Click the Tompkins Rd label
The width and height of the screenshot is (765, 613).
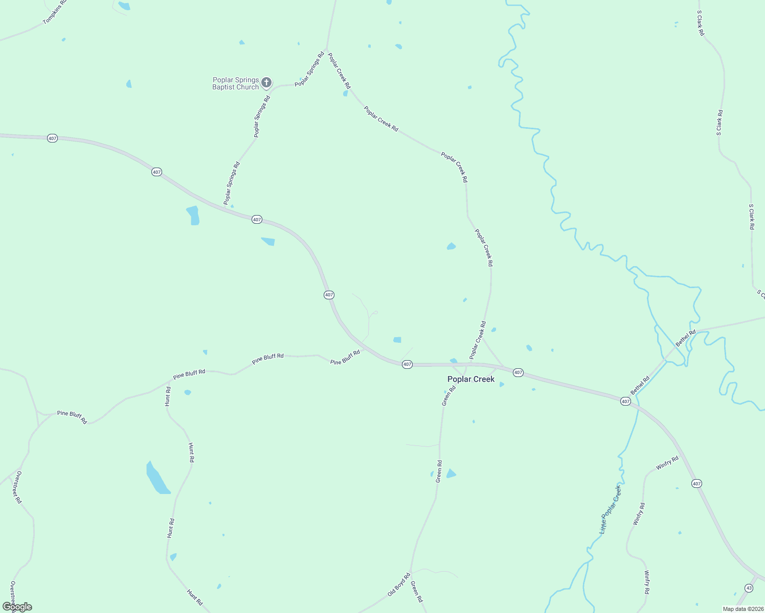pyautogui.click(x=55, y=12)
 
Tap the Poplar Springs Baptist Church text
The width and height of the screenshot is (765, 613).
pyautogui.click(x=236, y=83)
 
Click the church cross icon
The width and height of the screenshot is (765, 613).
pyautogui.click(x=266, y=82)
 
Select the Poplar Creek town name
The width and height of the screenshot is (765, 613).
pyautogui.click(x=471, y=379)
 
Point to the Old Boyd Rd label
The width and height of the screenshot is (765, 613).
pyautogui.click(x=399, y=584)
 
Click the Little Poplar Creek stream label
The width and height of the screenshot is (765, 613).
pyautogui.click(x=611, y=510)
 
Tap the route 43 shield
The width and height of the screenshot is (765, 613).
pyautogui.click(x=749, y=588)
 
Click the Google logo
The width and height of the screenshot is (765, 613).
pyautogui.click(x=17, y=607)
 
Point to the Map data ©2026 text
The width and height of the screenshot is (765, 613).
pyautogui.click(x=742, y=609)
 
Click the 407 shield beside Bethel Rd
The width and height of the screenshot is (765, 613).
pyautogui.click(x=625, y=402)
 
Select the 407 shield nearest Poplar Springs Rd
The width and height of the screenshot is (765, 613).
pyautogui.click(x=257, y=220)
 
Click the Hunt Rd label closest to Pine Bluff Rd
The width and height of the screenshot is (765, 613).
pyautogui.click(x=168, y=396)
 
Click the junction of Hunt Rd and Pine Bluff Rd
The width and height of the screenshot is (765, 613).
pyautogui.click(x=169, y=381)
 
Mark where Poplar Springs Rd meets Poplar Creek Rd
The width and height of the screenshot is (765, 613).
pyautogui.click(x=326, y=50)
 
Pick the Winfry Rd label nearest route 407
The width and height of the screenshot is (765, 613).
pyautogui.click(x=667, y=463)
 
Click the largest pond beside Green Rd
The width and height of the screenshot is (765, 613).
pyautogui.click(x=451, y=474)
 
